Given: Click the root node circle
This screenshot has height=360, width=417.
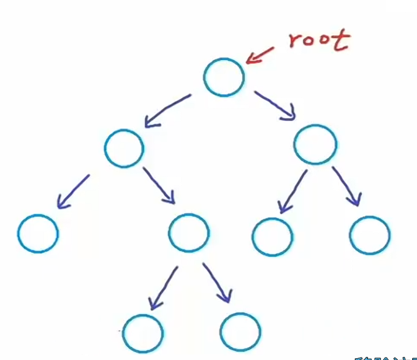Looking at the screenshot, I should [x=224, y=77].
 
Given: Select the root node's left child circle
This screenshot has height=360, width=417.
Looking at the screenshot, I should [x=124, y=148].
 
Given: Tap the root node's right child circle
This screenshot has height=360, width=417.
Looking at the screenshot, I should [x=315, y=145].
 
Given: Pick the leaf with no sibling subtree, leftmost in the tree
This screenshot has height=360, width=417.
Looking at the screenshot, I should [x=38, y=234].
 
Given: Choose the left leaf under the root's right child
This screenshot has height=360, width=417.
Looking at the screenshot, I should [x=272, y=236].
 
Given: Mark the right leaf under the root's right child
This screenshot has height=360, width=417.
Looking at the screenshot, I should [x=370, y=235].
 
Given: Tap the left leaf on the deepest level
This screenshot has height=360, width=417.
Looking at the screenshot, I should [x=142, y=333].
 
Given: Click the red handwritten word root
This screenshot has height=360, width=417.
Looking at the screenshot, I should [x=318, y=40].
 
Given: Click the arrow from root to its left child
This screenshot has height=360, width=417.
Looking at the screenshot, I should [x=167, y=111].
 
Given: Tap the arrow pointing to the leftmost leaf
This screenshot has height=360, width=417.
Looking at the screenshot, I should [x=73, y=192].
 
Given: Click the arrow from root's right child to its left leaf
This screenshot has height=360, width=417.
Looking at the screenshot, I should [x=292, y=191].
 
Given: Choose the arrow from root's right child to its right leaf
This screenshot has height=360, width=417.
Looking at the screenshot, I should [x=347, y=186].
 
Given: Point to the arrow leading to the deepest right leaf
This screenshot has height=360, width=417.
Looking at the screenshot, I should [x=217, y=284].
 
